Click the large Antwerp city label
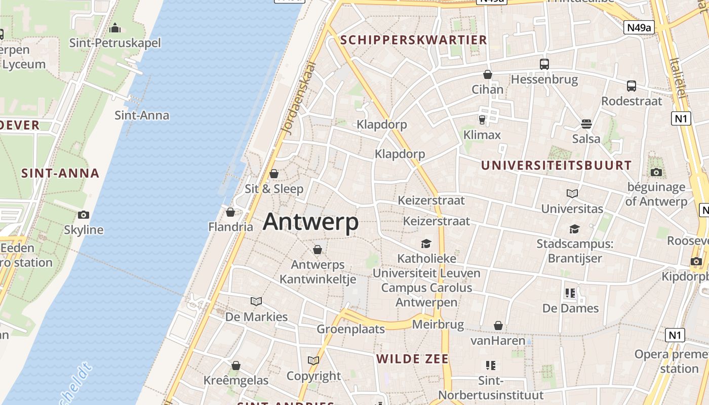(x=310, y=222)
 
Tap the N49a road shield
(x=639, y=27)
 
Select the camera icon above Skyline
(x=84, y=215)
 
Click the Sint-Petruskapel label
(x=115, y=43)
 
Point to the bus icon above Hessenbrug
(x=544, y=64)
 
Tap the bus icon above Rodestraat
(x=632, y=86)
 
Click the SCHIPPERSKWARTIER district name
(x=413, y=40)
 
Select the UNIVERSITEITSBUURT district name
(x=556, y=165)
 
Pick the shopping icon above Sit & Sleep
(x=274, y=174)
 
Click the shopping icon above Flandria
(x=230, y=212)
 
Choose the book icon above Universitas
(x=572, y=193)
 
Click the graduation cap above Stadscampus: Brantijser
(x=574, y=229)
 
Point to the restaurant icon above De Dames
(x=570, y=293)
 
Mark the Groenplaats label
(x=350, y=329)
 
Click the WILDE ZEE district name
(x=412, y=359)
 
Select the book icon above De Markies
(x=256, y=302)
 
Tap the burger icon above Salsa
(x=586, y=124)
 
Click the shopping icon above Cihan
(x=488, y=74)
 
